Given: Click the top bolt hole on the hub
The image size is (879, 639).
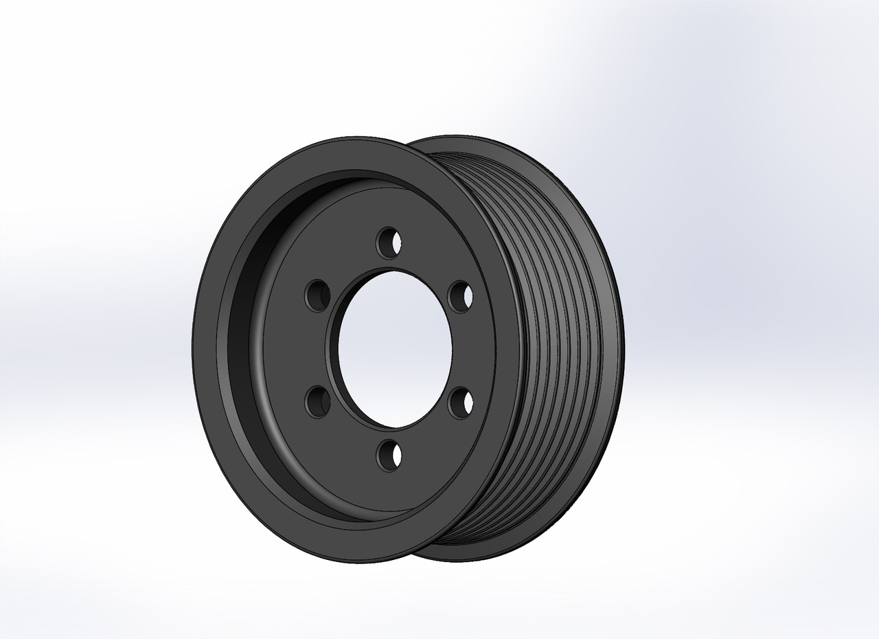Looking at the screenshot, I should coord(389,242).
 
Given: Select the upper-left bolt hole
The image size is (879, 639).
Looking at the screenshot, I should coord(317,295).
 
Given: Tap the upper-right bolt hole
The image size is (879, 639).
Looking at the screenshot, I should coord(459,296).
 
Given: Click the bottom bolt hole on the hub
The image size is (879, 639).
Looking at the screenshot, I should coord(390,455).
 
